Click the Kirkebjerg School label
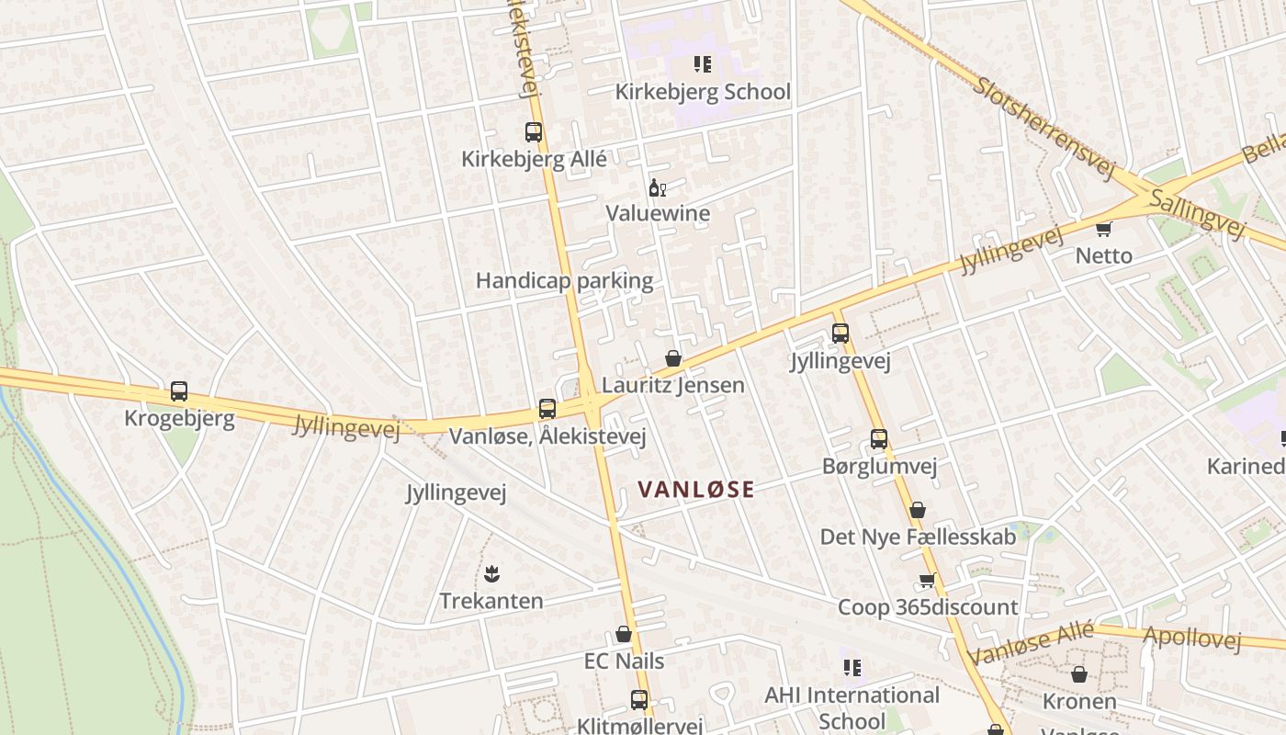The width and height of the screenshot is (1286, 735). [x=702, y=92]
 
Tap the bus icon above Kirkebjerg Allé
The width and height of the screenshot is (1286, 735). [x=534, y=132]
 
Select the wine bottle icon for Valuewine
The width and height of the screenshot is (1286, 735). [x=657, y=188]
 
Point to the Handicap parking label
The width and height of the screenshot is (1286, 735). [x=564, y=281]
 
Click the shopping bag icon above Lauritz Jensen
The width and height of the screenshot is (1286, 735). [x=673, y=358]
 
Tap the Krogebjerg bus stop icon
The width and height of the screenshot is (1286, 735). [x=179, y=392]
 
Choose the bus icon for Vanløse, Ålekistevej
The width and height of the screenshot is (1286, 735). [x=547, y=409]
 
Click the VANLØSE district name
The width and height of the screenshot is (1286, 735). [x=696, y=490]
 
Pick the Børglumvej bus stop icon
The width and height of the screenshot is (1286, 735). [x=879, y=439]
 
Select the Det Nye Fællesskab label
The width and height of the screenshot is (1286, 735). [x=918, y=537]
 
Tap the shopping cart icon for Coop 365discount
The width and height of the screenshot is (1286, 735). [x=927, y=581]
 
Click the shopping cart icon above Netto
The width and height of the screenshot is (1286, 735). [x=1103, y=229]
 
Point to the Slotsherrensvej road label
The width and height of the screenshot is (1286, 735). [x=1043, y=128]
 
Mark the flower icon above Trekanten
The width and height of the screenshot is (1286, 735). [x=491, y=574]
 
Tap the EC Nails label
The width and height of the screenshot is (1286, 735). [x=624, y=661]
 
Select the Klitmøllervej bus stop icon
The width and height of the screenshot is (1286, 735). [x=639, y=700]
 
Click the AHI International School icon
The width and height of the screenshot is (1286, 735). [x=852, y=668]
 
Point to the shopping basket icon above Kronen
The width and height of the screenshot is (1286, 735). [x=1079, y=675]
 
